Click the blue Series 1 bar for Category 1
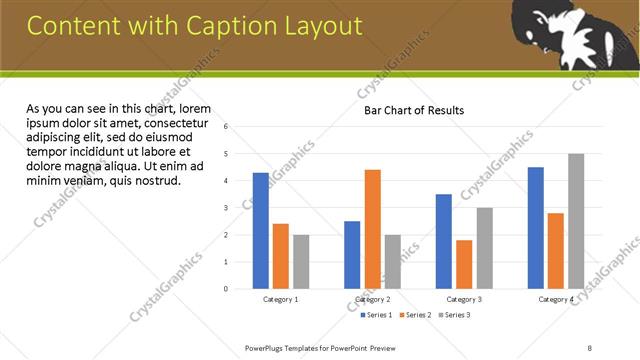coord(261,231)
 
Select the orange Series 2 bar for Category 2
coord(372,229)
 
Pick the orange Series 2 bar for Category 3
coord(464,264)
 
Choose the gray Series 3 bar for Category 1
coord(301,262)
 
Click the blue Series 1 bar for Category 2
coord(352,255)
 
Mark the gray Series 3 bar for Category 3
coord(484,248)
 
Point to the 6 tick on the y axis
coord(227,127)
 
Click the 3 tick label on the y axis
coord(227,208)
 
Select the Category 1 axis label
coord(281,299)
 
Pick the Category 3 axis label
coord(464,299)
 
